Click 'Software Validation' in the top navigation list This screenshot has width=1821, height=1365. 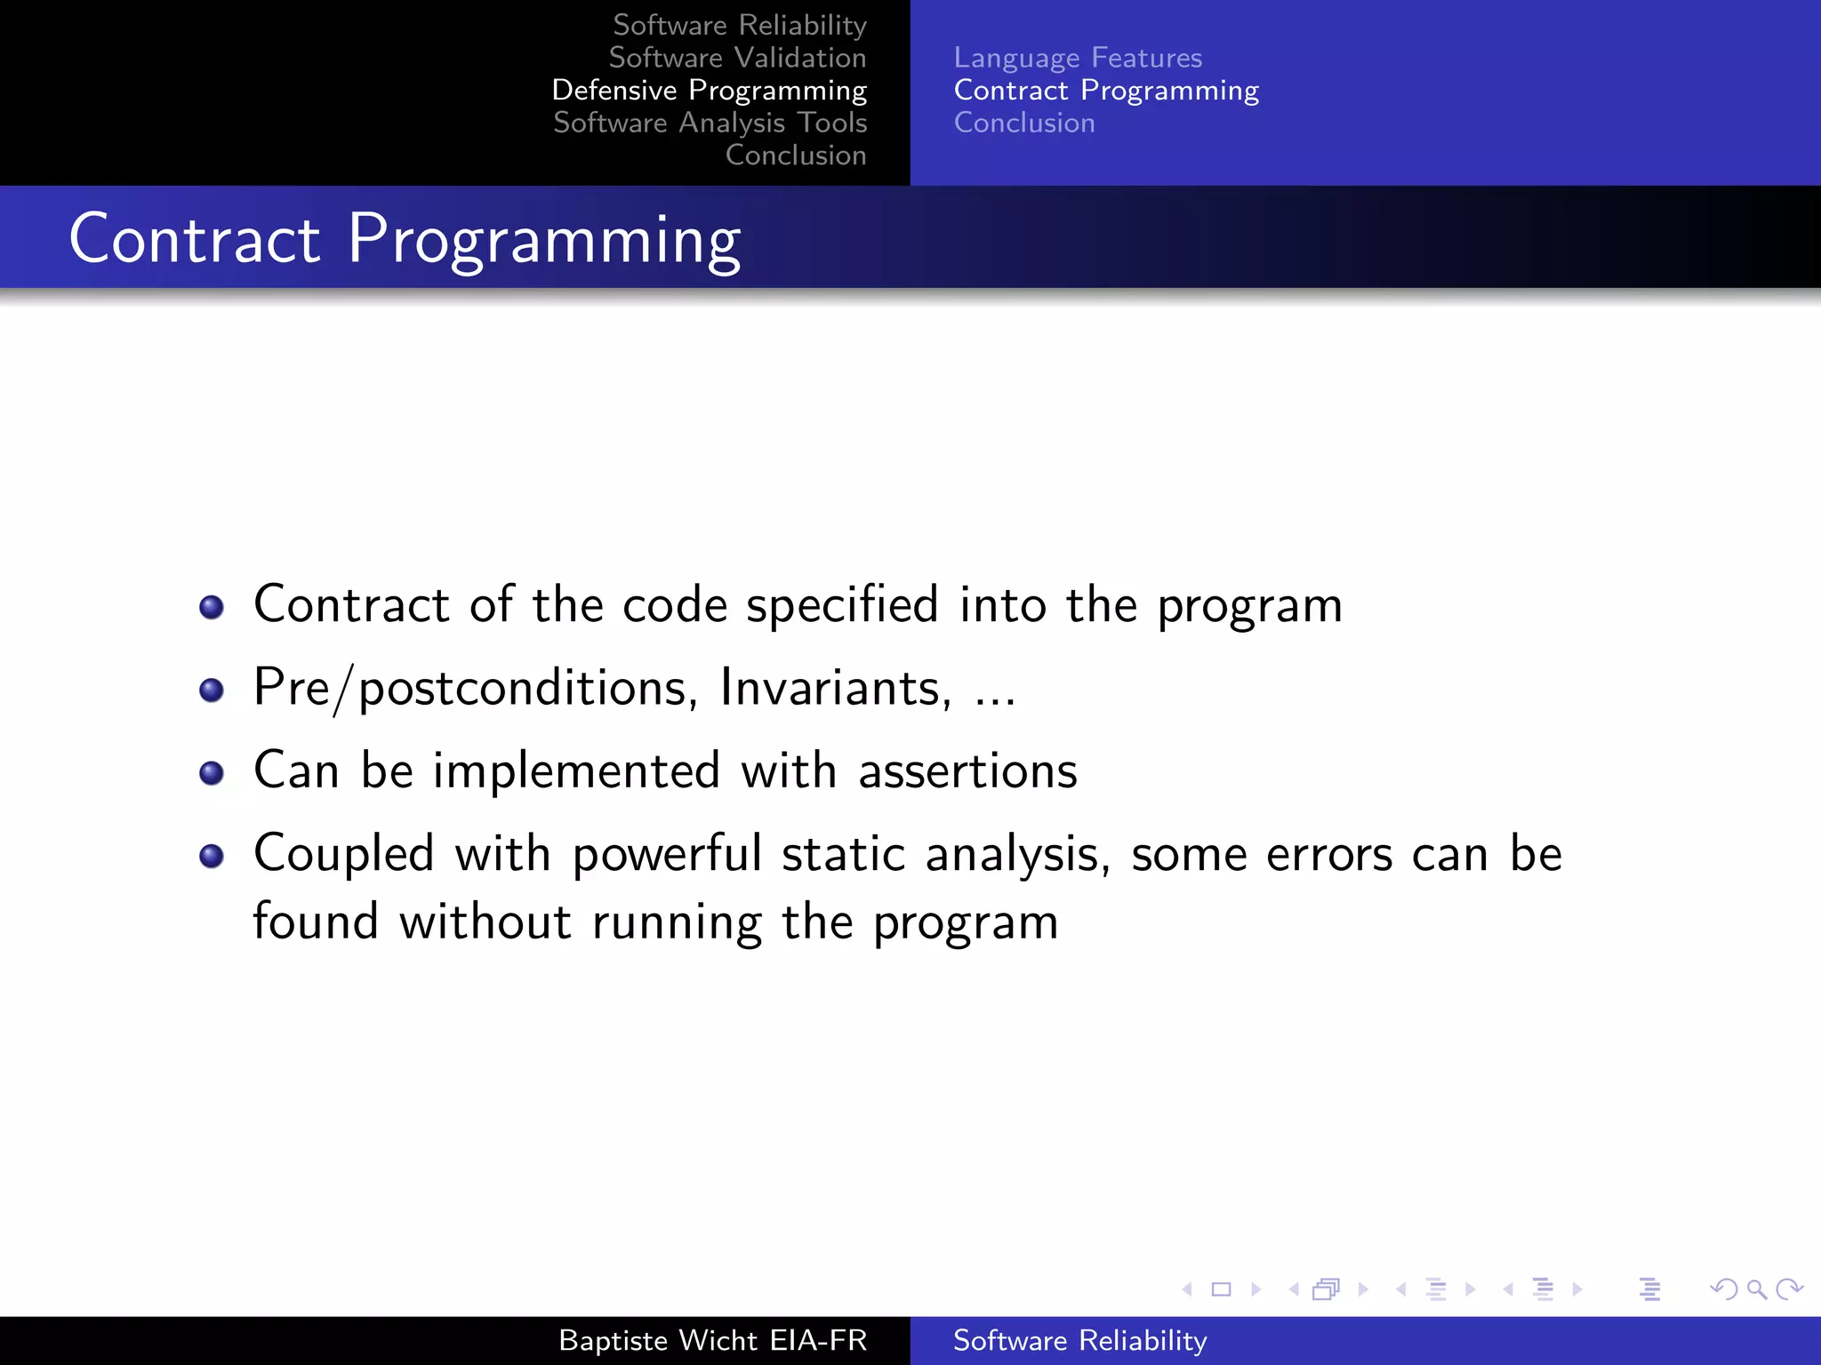pos(737,58)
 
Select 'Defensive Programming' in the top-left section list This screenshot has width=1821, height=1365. pos(709,91)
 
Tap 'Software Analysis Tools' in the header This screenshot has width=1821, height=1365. pos(710,123)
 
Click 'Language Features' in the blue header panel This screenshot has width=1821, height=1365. pos(1078,58)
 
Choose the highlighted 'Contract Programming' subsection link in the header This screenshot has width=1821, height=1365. pos(1106,91)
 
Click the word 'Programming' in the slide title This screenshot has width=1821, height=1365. pos(543,240)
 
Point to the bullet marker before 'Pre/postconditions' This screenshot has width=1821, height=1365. pos(212,690)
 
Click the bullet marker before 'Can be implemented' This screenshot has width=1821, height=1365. pos(212,772)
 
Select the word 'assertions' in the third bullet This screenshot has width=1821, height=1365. pos(967,770)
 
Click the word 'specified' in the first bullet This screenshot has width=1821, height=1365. pos(842,606)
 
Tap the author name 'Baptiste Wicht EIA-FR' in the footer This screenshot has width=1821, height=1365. pos(712,1340)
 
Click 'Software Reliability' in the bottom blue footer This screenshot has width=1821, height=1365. pos(1079,1340)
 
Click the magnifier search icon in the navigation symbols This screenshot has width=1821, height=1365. pos(1756,1289)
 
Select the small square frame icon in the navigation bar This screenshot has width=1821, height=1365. pos(1221,1289)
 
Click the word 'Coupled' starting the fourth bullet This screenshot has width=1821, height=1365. pos(344,854)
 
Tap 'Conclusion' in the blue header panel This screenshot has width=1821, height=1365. pos(1024,123)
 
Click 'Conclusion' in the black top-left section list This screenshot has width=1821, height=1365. pos(795,156)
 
